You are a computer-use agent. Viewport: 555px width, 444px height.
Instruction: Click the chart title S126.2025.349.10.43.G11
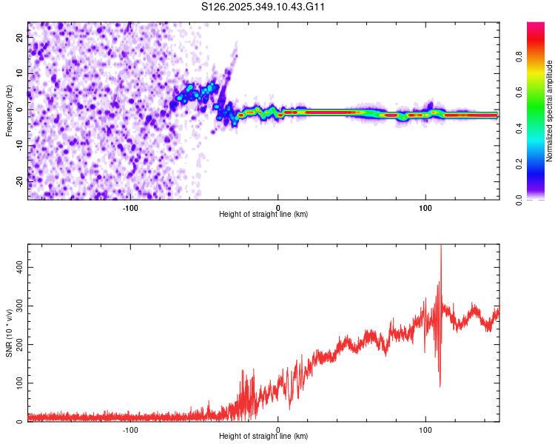263,7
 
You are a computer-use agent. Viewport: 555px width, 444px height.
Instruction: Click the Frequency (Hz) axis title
9,111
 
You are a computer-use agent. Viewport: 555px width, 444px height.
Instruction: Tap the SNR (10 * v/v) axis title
9,333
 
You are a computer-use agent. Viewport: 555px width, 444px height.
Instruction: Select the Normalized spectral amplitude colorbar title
549,111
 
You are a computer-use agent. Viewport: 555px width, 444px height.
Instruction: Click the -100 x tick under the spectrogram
130,206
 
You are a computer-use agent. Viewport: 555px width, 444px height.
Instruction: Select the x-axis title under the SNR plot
263,437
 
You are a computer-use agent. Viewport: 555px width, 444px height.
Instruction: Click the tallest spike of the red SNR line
441,247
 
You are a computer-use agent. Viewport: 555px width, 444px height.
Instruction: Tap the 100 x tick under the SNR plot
425,428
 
